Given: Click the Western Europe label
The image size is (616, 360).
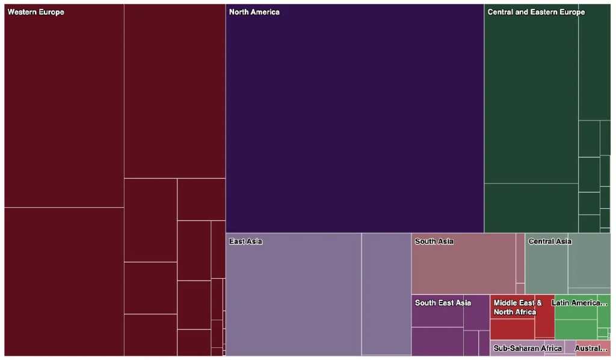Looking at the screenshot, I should tap(35, 12).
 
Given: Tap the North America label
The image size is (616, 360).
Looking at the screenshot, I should tap(254, 12).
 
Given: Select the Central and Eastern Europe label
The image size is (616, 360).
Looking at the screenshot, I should tap(536, 12).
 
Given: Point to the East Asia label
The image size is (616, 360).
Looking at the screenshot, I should tap(245, 241).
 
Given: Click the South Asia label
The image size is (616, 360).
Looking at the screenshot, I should tap(434, 241).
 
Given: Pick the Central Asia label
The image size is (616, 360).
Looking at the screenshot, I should tap(549, 241).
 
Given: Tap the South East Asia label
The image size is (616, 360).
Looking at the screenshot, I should tap(443, 303).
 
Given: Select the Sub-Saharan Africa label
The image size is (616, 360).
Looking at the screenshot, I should tap(528, 348).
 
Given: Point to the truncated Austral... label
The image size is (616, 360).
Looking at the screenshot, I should tap(591, 348).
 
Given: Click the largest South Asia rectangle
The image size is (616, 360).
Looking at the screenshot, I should tap(463, 268).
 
